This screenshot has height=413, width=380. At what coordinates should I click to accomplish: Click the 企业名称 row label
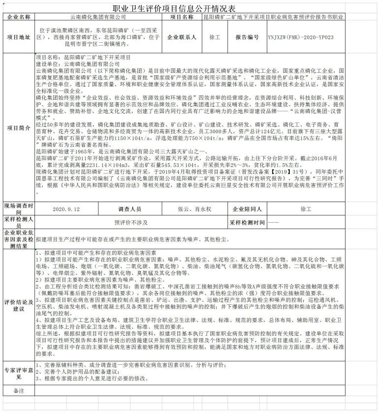19,17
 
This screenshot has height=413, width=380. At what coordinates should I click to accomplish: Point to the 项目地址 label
19,37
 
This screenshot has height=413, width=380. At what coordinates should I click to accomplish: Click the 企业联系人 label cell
182,37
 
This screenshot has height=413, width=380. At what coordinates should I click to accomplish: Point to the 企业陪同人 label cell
248,209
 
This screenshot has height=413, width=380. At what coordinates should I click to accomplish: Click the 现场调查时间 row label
19,209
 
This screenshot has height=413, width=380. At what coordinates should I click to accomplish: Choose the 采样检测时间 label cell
248,222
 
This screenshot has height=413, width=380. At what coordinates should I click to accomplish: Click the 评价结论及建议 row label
19,305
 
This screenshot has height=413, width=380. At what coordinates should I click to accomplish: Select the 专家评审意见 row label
19,373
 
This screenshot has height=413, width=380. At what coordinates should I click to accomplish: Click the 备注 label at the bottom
19,391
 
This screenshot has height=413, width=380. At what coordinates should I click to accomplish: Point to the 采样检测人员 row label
19,222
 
